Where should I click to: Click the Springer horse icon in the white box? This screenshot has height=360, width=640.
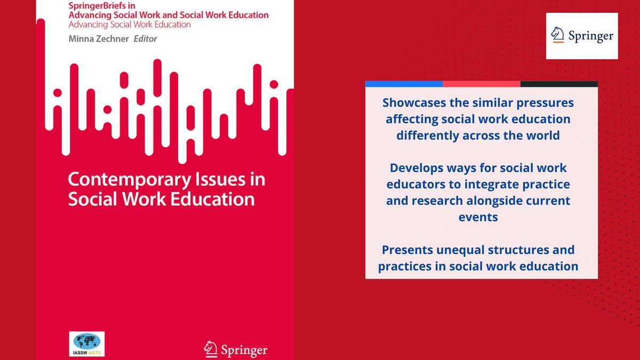tap(558, 36)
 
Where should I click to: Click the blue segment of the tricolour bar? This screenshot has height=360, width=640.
tap(404, 84)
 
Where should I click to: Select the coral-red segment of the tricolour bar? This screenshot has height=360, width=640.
tap(481, 84)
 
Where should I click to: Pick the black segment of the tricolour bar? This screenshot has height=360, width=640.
tap(559, 84)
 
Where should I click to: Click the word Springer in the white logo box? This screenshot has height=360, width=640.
tap(590, 36)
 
